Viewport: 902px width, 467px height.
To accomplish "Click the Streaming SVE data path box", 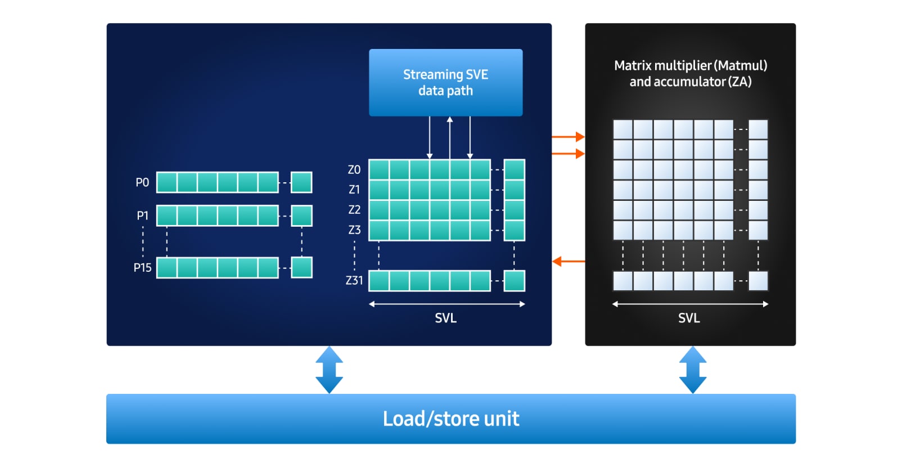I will pos(445,83).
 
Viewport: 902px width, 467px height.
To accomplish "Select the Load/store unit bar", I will pos(450,419).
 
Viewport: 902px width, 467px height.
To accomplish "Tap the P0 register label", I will pos(142,182).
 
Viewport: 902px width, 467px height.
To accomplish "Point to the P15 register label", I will pos(142,268).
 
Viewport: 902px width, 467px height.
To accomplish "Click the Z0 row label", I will pos(354,169).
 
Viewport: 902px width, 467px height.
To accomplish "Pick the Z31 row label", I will pos(354,280).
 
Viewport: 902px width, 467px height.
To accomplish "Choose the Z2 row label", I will pos(354,210).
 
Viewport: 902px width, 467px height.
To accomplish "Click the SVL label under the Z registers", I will pos(445,318).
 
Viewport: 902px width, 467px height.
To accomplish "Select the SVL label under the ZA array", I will pos(689,318).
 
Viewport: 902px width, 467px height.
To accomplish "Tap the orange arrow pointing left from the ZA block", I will pos(568,261).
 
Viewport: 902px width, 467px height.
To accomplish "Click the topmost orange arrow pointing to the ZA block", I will pos(568,136).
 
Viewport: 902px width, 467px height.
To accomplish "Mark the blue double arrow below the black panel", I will pos(693,370).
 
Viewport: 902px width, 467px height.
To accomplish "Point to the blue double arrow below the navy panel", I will pos(329,370).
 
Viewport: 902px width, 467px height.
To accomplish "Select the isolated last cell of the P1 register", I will pos(301,215).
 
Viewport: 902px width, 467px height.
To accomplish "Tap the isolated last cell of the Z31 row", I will pos(514,281).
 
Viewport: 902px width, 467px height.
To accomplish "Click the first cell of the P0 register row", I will pos(167,182).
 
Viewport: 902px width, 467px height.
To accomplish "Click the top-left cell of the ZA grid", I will pos(623,129).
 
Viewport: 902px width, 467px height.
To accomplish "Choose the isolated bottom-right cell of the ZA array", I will pos(758,281).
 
